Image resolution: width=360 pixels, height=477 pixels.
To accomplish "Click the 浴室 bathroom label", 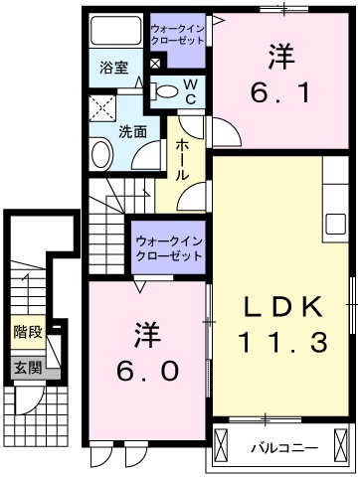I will click(x=114, y=68).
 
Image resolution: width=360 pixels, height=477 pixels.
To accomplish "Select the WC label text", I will click(x=191, y=90).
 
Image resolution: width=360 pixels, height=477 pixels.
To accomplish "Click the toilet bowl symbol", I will click(x=169, y=92).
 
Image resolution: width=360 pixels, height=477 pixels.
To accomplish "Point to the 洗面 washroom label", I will click(x=133, y=130).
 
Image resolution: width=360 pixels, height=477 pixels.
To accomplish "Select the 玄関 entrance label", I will click(x=27, y=368).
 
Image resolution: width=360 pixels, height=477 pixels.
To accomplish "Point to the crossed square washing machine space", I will click(x=103, y=107).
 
